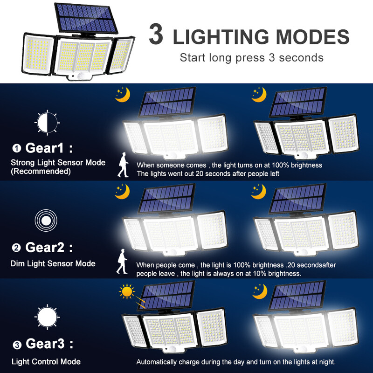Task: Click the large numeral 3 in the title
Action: pos(157,35)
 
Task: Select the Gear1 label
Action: pos(48,148)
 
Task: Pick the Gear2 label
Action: pos(48,247)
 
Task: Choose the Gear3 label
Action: pos(49,345)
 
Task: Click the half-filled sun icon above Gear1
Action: pos(47,122)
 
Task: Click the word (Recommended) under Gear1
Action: pos(41,171)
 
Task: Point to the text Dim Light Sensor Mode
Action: pos(53,263)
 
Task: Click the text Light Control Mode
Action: pos(46,361)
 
